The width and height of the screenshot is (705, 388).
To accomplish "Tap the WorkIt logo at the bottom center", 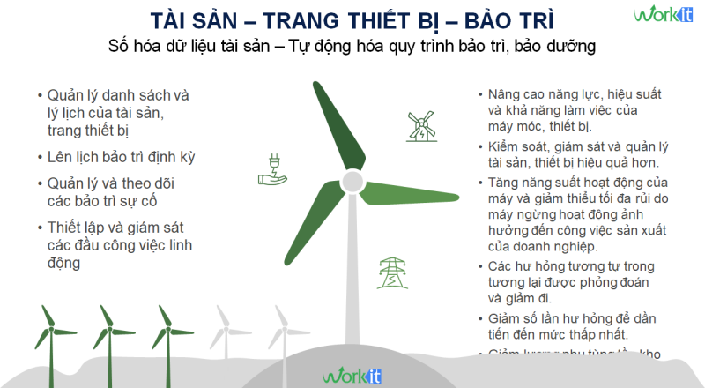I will tap(352, 375).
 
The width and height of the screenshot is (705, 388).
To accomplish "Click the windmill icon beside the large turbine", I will tap(421, 127).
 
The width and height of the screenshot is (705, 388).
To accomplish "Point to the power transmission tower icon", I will tap(388, 272).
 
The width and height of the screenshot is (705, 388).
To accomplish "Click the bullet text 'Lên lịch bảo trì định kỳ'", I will tap(122, 157).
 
